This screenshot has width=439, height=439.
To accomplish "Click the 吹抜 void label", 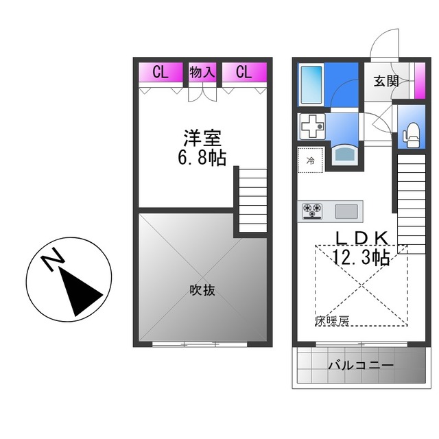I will [x=202, y=289].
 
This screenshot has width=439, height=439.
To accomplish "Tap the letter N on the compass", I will [x=52, y=261].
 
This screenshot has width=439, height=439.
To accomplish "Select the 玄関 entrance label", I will [x=386, y=80].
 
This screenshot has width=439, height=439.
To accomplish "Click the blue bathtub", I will [x=314, y=84].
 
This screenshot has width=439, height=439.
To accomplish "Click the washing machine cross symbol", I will [x=312, y=128].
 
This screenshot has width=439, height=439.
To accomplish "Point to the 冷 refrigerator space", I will [x=310, y=161].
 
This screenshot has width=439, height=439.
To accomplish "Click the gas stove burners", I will [x=313, y=210].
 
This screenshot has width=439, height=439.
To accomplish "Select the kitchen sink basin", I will [x=347, y=211].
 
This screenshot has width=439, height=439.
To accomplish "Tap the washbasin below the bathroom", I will [x=344, y=153].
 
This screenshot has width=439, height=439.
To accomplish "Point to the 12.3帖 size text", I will [x=361, y=257].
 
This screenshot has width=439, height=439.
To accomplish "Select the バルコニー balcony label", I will [x=360, y=365].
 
